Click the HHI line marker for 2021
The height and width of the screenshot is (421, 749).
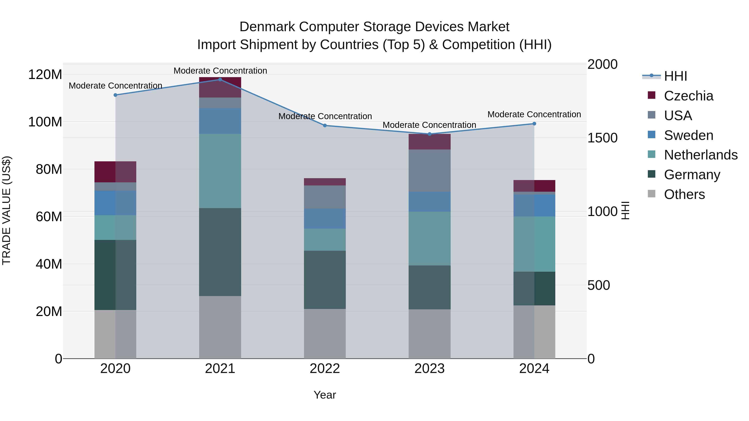[x=220, y=80]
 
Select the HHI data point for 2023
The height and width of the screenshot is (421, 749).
[x=429, y=134]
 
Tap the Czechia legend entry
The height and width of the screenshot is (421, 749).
[x=688, y=96]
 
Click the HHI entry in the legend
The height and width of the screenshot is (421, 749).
[x=675, y=76]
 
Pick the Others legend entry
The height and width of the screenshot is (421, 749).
[x=684, y=194]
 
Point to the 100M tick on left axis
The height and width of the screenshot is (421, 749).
[x=45, y=122]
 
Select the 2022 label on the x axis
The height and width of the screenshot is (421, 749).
[x=325, y=369]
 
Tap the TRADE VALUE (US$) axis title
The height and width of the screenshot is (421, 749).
[x=6, y=210]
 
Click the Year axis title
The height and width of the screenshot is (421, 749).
[x=325, y=395]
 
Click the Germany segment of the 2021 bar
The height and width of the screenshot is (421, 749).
[x=220, y=252]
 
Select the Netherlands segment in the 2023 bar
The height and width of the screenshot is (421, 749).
[x=429, y=238]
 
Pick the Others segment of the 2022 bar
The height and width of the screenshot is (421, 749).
[x=325, y=333]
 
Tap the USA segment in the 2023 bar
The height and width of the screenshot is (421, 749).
[x=429, y=170]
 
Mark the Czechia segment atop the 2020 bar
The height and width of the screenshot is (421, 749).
[x=115, y=172]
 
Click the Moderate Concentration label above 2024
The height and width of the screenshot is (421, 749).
[x=534, y=115]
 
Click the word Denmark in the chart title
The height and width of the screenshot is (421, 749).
[x=268, y=27]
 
